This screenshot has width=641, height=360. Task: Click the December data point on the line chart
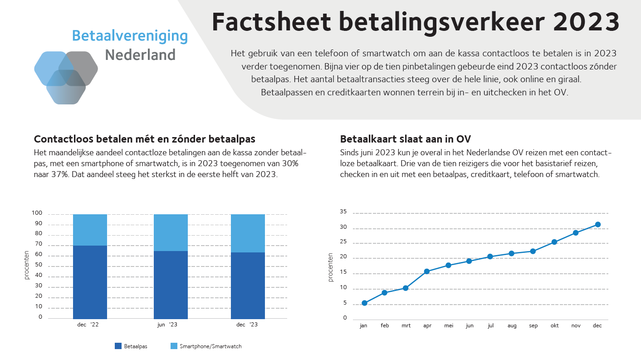point(597,224)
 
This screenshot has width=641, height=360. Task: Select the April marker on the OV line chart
point(427,271)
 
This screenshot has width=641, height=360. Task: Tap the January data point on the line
point(364,303)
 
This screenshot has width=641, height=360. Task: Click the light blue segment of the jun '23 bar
point(171,232)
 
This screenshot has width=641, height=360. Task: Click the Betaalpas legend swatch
point(118,346)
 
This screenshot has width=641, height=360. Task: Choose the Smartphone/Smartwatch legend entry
point(210,346)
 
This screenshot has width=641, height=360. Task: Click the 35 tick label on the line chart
point(343,212)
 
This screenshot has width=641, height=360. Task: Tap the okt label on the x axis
point(554,325)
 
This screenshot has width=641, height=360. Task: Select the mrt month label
point(406,325)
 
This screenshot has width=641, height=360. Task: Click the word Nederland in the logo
point(140,55)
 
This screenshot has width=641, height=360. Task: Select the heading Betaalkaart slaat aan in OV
point(408,138)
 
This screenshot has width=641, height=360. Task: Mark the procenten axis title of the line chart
point(331,267)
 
